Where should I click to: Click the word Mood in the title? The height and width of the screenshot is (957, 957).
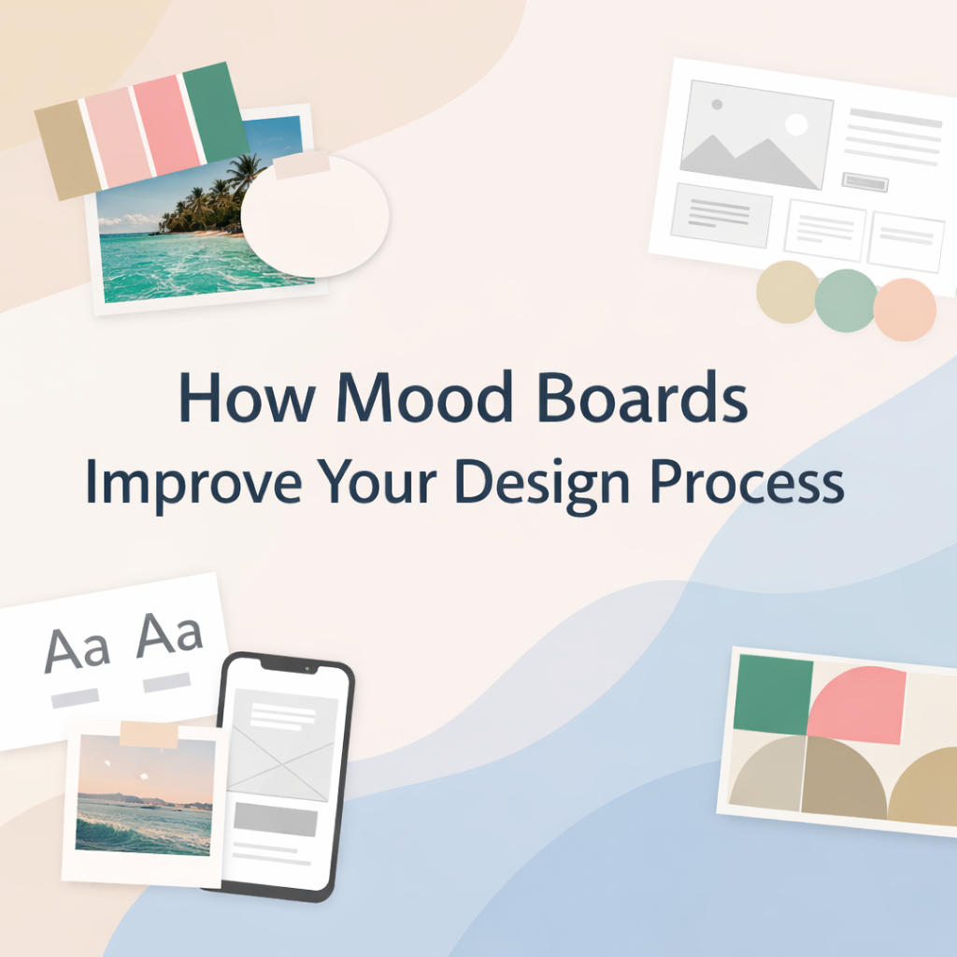(x=424, y=396)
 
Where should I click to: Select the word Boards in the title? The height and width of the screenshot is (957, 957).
(x=642, y=396)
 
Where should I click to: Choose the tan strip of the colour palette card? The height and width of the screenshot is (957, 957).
(x=67, y=150)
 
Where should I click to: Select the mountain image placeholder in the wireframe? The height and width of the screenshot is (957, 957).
(x=757, y=135)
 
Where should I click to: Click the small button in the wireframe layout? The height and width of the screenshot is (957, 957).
(x=864, y=182)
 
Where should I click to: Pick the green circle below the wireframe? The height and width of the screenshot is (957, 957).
(x=846, y=300)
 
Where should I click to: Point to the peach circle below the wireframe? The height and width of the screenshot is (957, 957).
(x=905, y=309)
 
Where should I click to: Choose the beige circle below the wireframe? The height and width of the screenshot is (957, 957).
(x=787, y=292)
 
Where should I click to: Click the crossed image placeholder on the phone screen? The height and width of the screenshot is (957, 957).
(x=281, y=745)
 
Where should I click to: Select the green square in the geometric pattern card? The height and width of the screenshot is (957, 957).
(x=773, y=694)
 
